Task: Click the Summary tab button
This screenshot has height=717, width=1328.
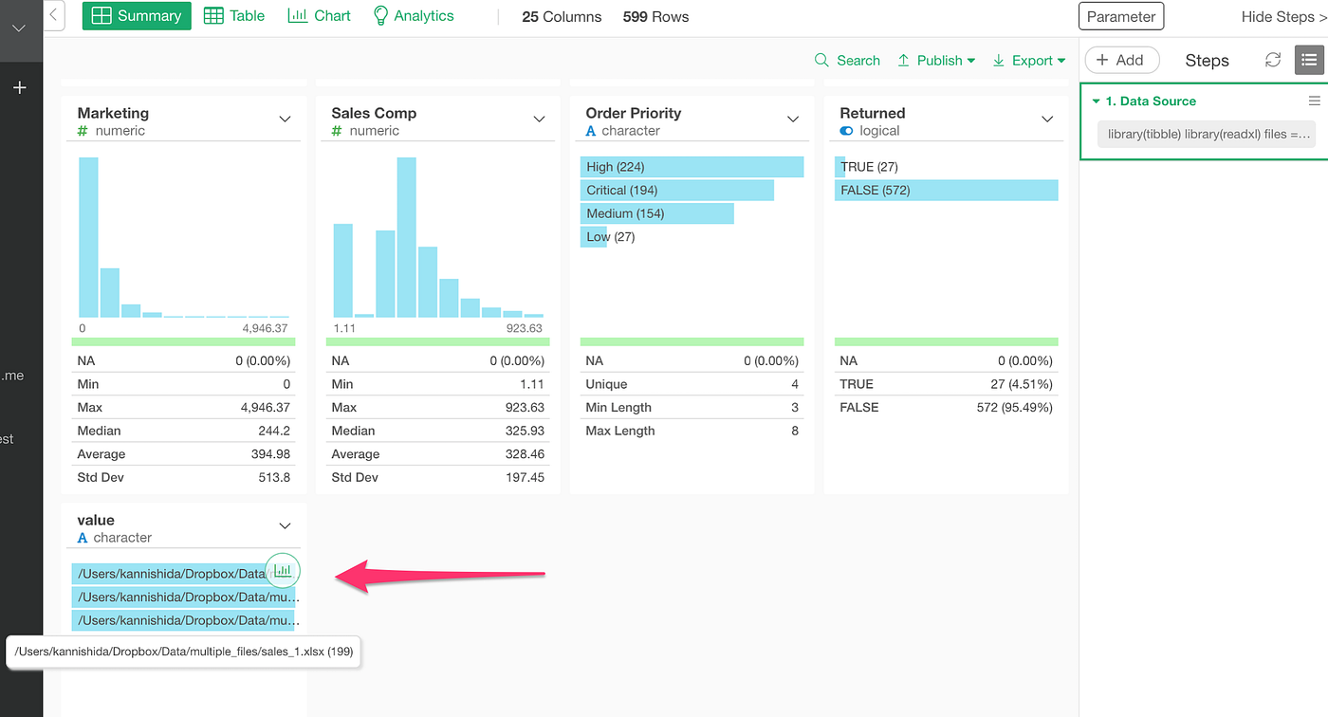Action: [x=137, y=16]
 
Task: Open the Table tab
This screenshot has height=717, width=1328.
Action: [x=234, y=16]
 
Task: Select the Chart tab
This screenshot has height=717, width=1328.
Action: [x=319, y=16]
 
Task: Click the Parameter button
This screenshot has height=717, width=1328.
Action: [x=1120, y=16]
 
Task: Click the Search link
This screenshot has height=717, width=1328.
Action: [x=847, y=61]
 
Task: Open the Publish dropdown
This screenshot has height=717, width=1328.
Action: [x=936, y=61]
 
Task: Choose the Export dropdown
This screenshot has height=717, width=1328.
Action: [x=1029, y=61]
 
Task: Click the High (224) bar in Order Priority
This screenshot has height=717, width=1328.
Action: [x=692, y=167]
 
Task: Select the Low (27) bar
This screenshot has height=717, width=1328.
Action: [x=594, y=237]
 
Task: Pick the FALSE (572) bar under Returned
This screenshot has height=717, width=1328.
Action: [x=946, y=191]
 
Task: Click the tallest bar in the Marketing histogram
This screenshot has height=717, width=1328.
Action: [x=88, y=237]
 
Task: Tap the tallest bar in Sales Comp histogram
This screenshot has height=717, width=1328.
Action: [x=407, y=237]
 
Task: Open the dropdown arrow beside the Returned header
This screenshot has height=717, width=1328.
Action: [x=1047, y=119]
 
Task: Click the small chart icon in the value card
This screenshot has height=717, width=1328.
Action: [x=283, y=571]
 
